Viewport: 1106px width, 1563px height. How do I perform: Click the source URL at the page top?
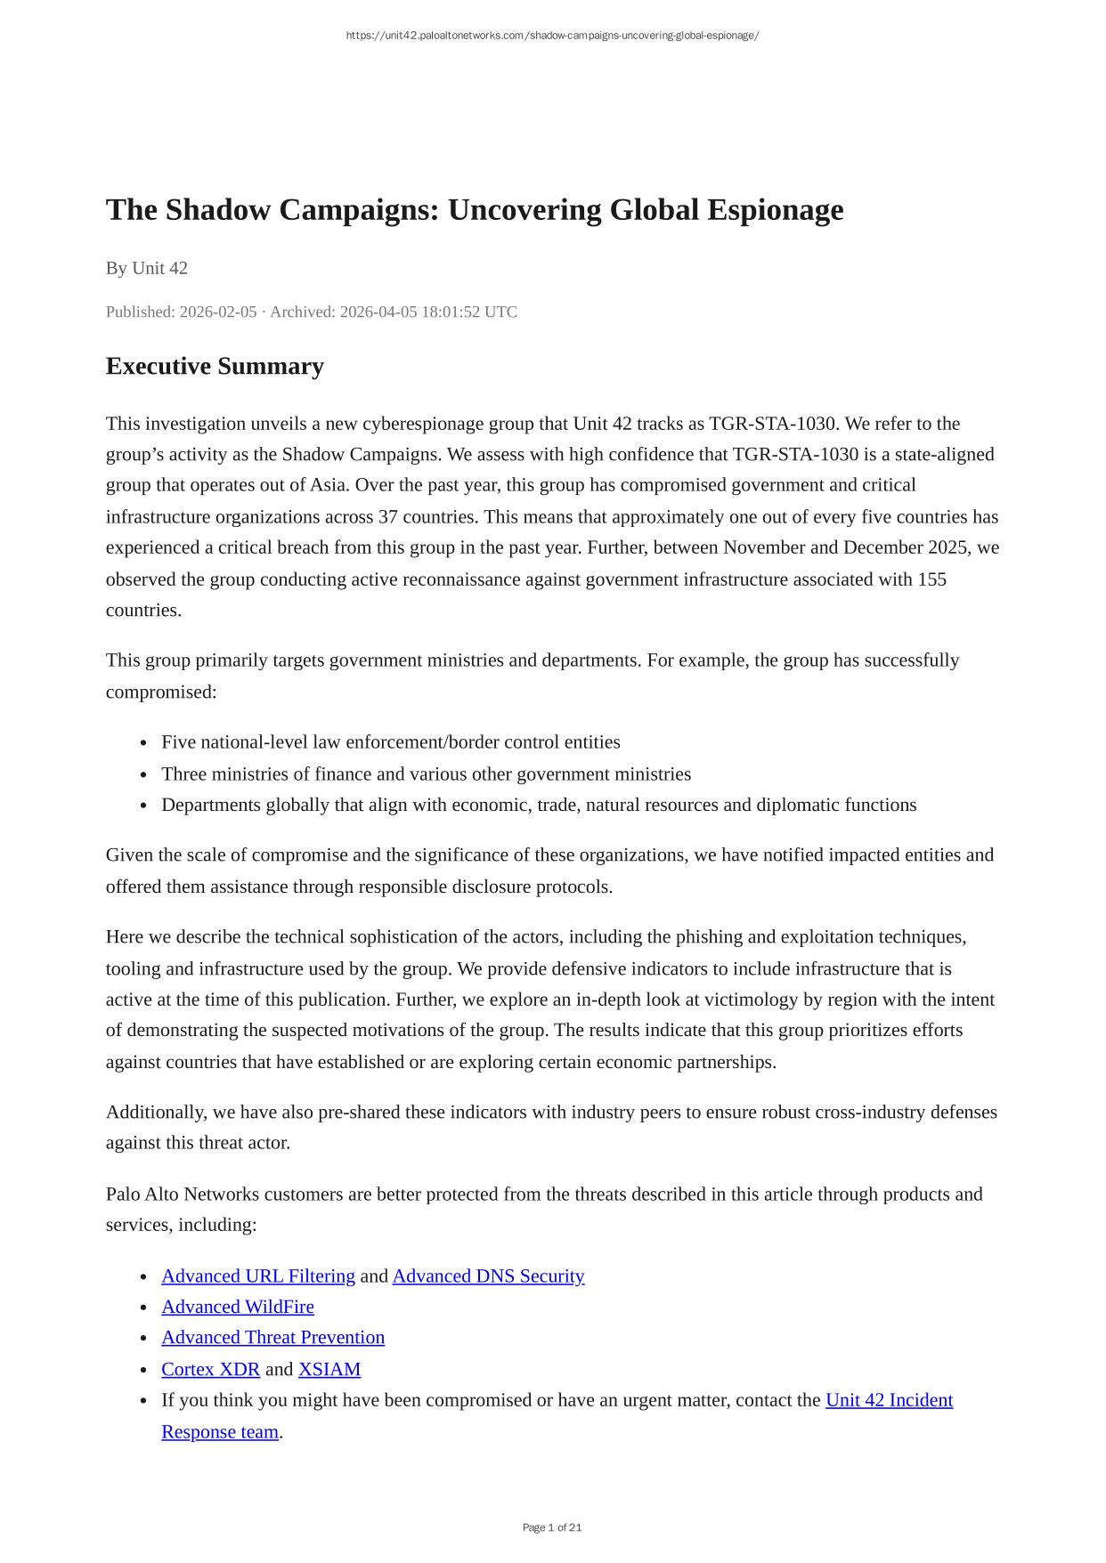click(552, 36)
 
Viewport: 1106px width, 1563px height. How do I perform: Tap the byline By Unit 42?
click(147, 268)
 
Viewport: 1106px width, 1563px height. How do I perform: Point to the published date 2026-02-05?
click(217, 312)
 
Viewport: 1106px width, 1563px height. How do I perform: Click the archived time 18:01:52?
click(449, 312)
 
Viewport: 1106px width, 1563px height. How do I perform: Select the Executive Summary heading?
click(215, 366)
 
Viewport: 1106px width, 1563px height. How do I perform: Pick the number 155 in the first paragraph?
click(931, 579)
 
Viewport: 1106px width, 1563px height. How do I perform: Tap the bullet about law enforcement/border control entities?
click(391, 742)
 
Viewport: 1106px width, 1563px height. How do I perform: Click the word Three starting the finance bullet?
click(185, 774)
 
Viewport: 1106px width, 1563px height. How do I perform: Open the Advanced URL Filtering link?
click(258, 1276)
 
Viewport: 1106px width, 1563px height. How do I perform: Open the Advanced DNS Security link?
click(488, 1276)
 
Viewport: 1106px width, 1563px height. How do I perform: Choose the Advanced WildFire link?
click(238, 1307)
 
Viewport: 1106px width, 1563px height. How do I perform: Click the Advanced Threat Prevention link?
click(273, 1338)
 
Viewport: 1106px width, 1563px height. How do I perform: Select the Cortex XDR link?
click(210, 1369)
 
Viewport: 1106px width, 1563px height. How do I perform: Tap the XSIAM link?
click(329, 1369)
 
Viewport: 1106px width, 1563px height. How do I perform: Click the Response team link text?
click(220, 1432)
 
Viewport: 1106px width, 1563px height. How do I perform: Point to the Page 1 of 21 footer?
click(552, 1527)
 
